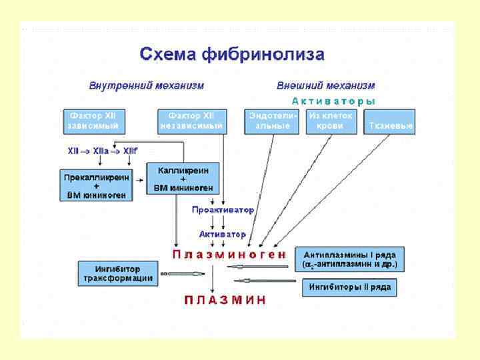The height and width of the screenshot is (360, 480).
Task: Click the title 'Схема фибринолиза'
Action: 232,54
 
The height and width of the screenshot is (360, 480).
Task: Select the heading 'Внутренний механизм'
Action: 147,86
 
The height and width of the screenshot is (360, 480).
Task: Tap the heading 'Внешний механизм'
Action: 325,86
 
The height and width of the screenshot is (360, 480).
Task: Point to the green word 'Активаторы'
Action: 333,101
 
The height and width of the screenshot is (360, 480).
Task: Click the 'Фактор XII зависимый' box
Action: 94,121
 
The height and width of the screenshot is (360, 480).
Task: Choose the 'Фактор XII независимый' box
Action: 191,121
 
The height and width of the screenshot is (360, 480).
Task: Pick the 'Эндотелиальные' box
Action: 271,121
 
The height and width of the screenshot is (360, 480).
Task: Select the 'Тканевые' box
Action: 389,125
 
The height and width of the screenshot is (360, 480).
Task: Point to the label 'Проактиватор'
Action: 223,210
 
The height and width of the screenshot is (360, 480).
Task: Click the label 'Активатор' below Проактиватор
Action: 223,235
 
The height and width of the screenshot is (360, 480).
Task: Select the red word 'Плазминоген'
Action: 230,255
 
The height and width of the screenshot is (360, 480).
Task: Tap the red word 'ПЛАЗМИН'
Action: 225,300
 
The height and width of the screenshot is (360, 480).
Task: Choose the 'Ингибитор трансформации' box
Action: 118,273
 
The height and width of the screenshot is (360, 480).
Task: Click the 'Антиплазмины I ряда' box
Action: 350,259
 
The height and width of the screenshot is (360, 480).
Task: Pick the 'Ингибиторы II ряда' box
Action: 350,288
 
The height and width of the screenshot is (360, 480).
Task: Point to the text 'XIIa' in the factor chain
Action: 101,151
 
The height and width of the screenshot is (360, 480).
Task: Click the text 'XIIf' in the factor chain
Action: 129,151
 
